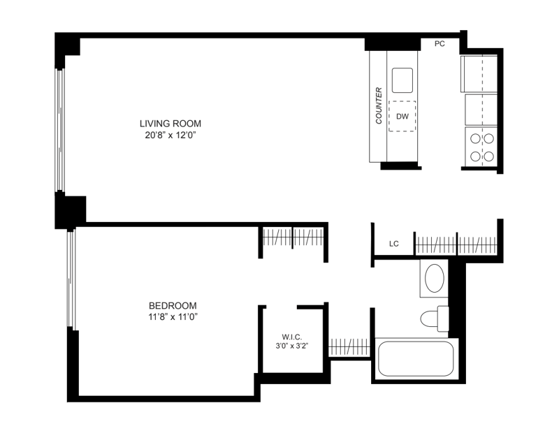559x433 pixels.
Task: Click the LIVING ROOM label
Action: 170,124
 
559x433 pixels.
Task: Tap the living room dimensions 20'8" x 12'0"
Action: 170,135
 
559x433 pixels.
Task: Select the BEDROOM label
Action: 173,306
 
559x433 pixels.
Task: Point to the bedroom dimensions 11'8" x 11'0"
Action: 173,317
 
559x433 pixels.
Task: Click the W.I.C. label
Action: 292,337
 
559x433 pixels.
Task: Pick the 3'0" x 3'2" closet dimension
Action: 292,346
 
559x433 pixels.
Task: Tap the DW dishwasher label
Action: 402,116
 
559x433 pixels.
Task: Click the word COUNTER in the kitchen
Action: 379,106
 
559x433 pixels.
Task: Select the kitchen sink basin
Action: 402,80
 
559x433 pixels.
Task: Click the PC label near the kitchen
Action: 440,44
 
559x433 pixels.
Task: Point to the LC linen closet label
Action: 394,244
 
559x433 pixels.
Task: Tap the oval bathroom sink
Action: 435,278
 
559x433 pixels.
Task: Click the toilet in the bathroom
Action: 434,318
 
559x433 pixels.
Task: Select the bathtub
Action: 416,358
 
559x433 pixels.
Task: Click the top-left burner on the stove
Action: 475,139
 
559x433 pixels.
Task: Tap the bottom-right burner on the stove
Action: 488,156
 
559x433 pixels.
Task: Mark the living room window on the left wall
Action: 60,130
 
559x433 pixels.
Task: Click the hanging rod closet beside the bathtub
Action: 349,347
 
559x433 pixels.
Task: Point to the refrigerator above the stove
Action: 481,110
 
